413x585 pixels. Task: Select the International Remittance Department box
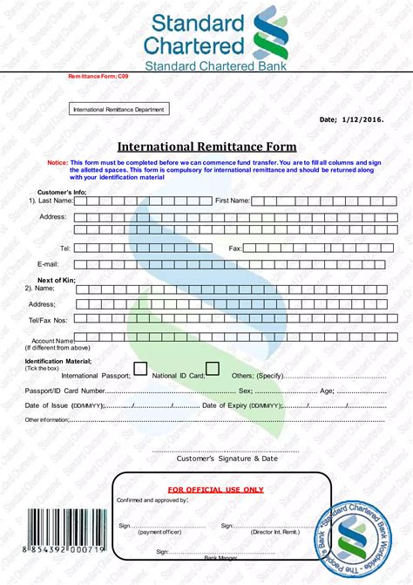pyautogui.click(x=119, y=109)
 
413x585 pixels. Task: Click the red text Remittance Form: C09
pyautogui.click(x=98, y=78)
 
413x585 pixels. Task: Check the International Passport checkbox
pyautogui.click(x=140, y=369)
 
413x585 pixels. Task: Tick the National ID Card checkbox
pyautogui.click(x=212, y=369)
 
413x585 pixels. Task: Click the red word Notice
pyautogui.click(x=58, y=163)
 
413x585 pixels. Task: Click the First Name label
pyautogui.click(x=233, y=201)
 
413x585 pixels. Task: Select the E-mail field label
pyautogui.click(x=47, y=262)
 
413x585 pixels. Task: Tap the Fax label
pyautogui.click(x=234, y=248)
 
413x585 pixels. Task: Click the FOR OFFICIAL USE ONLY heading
pyautogui.click(x=215, y=490)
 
